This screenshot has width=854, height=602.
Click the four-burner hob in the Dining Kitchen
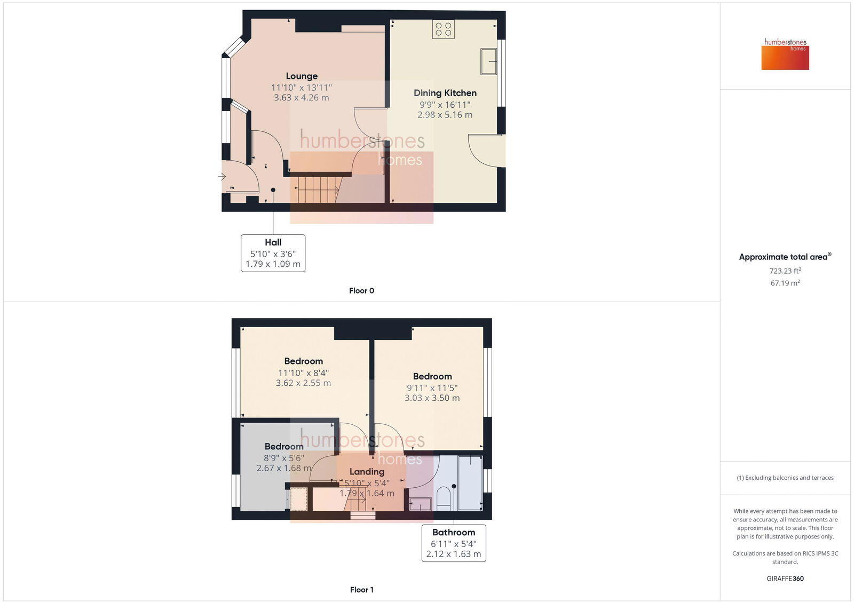(444, 29)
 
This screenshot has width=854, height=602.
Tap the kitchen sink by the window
(488, 61)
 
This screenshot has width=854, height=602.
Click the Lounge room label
(302, 76)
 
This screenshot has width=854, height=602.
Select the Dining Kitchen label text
(445, 93)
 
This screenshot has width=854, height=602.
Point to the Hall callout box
(273, 253)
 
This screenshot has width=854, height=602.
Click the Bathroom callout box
(454, 543)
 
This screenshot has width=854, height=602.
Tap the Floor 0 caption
(361, 291)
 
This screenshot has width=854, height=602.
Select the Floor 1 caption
(361, 590)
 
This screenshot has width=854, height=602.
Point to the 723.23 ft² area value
(785, 271)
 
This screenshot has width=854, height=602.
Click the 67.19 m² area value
(785, 283)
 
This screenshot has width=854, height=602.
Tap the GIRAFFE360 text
(785, 579)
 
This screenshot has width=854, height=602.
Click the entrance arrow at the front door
(222, 177)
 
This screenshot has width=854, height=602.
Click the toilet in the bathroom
(444, 500)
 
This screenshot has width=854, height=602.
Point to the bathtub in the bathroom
(470, 483)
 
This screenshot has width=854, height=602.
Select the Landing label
(367, 472)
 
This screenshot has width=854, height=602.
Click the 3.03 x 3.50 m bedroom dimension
(432, 398)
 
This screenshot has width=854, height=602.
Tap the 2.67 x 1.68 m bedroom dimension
(283, 468)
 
